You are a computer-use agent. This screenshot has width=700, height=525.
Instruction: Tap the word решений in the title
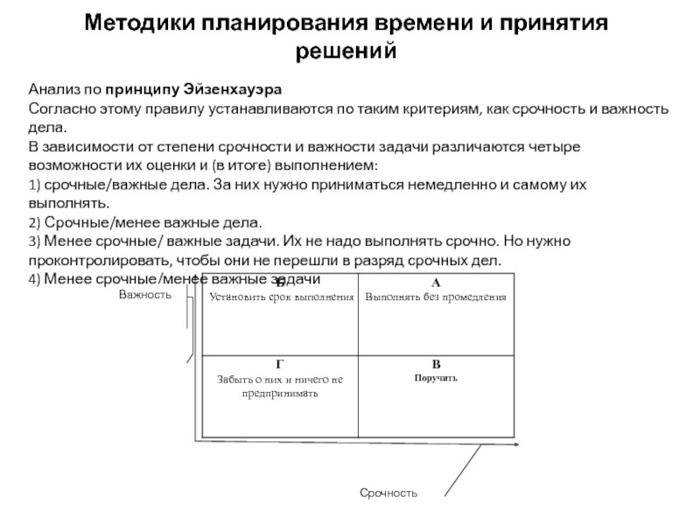[346, 52]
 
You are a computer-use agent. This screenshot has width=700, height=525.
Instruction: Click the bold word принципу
[142, 90]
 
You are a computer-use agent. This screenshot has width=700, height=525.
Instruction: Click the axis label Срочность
[389, 493]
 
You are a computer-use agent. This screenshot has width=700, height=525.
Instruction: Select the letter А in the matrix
[436, 283]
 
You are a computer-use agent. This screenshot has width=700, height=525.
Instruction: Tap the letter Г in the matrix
[279, 364]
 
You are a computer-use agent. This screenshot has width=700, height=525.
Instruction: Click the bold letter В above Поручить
[436, 364]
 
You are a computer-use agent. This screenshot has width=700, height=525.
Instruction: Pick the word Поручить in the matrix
[436, 377]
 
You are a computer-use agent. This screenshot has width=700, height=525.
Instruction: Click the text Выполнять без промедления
[436, 297]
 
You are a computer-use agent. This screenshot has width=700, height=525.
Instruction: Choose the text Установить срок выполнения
[282, 297]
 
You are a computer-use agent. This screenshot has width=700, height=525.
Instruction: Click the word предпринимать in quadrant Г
[280, 393]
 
